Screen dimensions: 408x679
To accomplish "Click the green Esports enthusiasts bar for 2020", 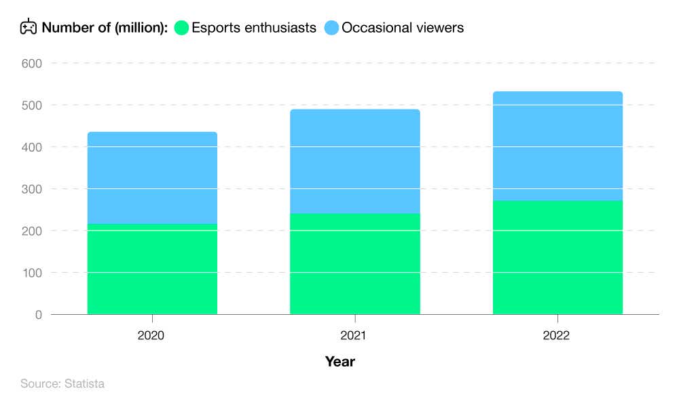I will pyautogui.click(x=152, y=269).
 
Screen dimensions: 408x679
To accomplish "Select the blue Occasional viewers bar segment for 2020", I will pyautogui.click(x=152, y=178).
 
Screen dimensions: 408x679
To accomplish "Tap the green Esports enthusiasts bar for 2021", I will pyautogui.click(x=354, y=264).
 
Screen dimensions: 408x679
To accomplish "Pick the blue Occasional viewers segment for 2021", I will pyautogui.click(x=354, y=161).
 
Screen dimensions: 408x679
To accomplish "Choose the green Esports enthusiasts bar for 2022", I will pyautogui.click(x=557, y=258).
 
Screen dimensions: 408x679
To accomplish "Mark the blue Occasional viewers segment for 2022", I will pyautogui.click(x=557, y=146).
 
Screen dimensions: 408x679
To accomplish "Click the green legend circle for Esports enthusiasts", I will pyautogui.click(x=181, y=28).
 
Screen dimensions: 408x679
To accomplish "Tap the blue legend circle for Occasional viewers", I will pyautogui.click(x=331, y=28).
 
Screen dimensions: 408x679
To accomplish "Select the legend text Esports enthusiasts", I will pyautogui.click(x=254, y=28).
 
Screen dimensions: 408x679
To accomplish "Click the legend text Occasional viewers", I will pyautogui.click(x=403, y=28).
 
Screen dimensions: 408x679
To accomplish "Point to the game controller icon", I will pyautogui.click(x=28, y=27).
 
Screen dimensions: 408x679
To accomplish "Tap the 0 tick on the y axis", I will pyautogui.click(x=38, y=315).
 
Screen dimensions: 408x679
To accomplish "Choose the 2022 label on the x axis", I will pyautogui.click(x=557, y=336).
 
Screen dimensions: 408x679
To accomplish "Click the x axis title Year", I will pyautogui.click(x=339, y=362).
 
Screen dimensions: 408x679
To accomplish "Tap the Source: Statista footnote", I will pyautogui.click(x=62, y=384).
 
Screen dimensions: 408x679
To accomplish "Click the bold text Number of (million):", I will pyautogui.click(x=105, y=28).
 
